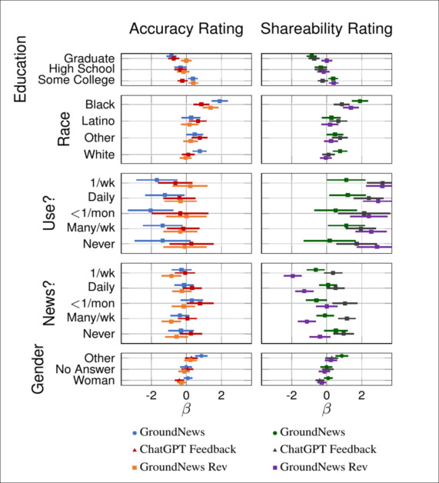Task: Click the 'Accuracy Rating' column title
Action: [x=185, y=29]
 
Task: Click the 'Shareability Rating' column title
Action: [x=327, y=29]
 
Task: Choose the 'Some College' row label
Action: [x=78, y=80]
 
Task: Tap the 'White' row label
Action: [x=99, y=155]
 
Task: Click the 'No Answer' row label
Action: [x=85, y=369]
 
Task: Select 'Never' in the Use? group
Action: [x=98, y=244]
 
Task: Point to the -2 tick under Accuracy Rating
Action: [x=151, y=396]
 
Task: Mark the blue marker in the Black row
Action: [x=220, y=101]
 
